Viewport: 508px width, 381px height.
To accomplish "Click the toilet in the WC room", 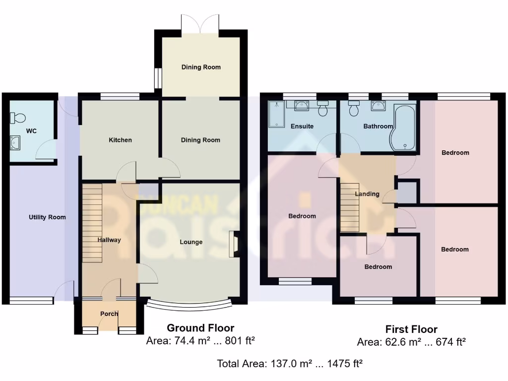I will click(x=18, y=118).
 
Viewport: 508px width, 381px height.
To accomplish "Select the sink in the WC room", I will click(x=15, y=144).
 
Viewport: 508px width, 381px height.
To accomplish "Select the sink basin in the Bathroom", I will click(x=379, y=105).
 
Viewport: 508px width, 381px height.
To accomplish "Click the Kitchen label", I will click(x=121, y=140).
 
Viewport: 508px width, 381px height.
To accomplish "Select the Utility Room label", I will click(x=47, y=217).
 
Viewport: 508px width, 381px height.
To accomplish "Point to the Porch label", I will click(x=109, y=314).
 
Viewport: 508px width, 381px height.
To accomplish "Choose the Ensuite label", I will click(x=302, y=126).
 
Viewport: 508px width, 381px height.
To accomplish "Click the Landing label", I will click(x=367, y=194).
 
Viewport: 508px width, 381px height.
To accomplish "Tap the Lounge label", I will click(x=191, y=242).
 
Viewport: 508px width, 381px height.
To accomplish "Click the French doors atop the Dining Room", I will click(x=200, y=22).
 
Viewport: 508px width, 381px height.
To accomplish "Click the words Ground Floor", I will click(x=200, y=327).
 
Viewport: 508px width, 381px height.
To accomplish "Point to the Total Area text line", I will click(x=290, y=364).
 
